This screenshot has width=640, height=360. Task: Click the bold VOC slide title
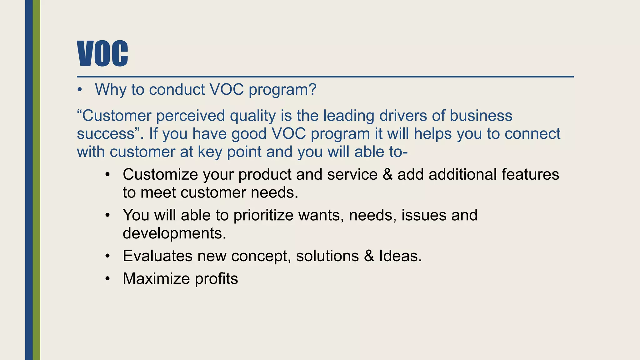tap(102, 53)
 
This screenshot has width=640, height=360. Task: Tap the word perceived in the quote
tap(190, 116)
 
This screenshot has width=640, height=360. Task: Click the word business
tap(481, 116)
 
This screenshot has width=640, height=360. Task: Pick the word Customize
tap(160, 174)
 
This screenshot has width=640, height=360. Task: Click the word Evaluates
tap(157, 256)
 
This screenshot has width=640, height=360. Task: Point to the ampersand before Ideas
tap(369, 256)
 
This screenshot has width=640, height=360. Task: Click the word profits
tap(216, 279)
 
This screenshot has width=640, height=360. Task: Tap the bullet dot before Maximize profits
tap(107, 279)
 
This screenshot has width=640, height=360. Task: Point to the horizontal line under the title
tap(325, 77)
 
